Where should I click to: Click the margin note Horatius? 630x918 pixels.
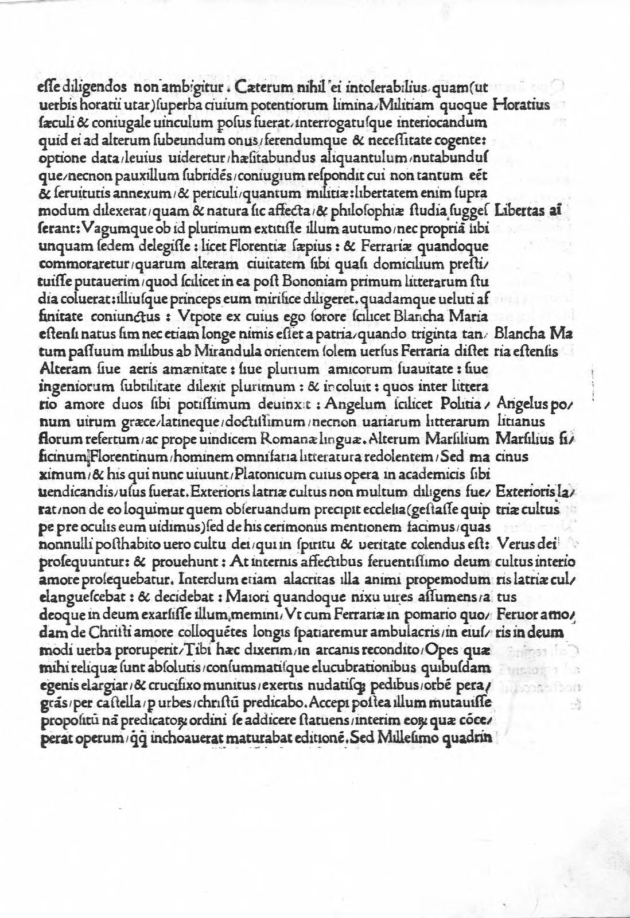coord(520,105)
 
